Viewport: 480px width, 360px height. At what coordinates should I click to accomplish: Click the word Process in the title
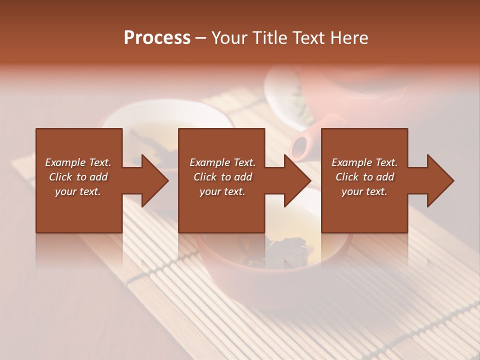(x=157, y=38)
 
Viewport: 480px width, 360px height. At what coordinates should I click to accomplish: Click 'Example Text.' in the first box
(x=78, y=162)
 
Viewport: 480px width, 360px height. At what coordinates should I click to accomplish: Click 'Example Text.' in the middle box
(x=222, y=162)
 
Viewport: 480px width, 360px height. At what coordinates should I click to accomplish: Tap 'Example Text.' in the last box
(x=364, y=162)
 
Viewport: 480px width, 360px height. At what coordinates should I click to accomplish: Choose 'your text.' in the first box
(x=78, y=191)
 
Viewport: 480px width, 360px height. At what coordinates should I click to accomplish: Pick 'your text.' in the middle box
(x=222, y=191)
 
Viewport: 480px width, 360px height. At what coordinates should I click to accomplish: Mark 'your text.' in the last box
(x=364, y=191)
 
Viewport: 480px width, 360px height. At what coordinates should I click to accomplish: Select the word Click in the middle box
(x=205, y=177)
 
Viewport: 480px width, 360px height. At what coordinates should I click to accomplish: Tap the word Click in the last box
(x=347, y=177)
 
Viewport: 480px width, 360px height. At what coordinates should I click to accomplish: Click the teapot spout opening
(x=299, y=147)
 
